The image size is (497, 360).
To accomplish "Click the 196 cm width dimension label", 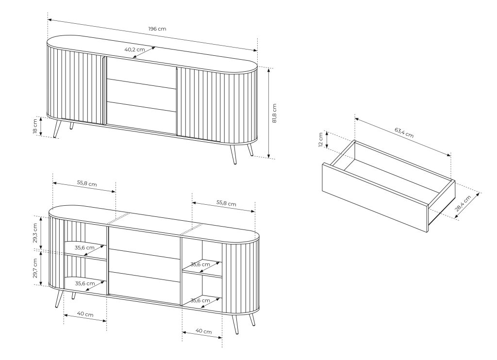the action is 157,29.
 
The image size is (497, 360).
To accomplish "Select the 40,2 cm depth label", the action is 134,49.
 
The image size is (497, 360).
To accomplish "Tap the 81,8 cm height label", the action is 275,113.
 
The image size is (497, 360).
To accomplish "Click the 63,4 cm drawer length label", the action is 404,132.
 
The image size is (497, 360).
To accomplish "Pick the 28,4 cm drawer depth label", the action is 463,203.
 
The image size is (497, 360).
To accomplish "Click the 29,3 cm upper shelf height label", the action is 35,233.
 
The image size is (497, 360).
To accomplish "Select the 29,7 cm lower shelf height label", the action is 35,268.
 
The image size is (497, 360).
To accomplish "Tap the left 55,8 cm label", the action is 87,183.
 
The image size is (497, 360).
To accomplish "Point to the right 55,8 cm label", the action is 226,203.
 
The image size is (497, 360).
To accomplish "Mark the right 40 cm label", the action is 203,331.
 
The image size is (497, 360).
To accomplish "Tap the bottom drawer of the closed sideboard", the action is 141,117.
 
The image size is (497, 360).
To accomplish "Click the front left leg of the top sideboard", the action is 57,129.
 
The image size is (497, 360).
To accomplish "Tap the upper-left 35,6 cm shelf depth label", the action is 84,247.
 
